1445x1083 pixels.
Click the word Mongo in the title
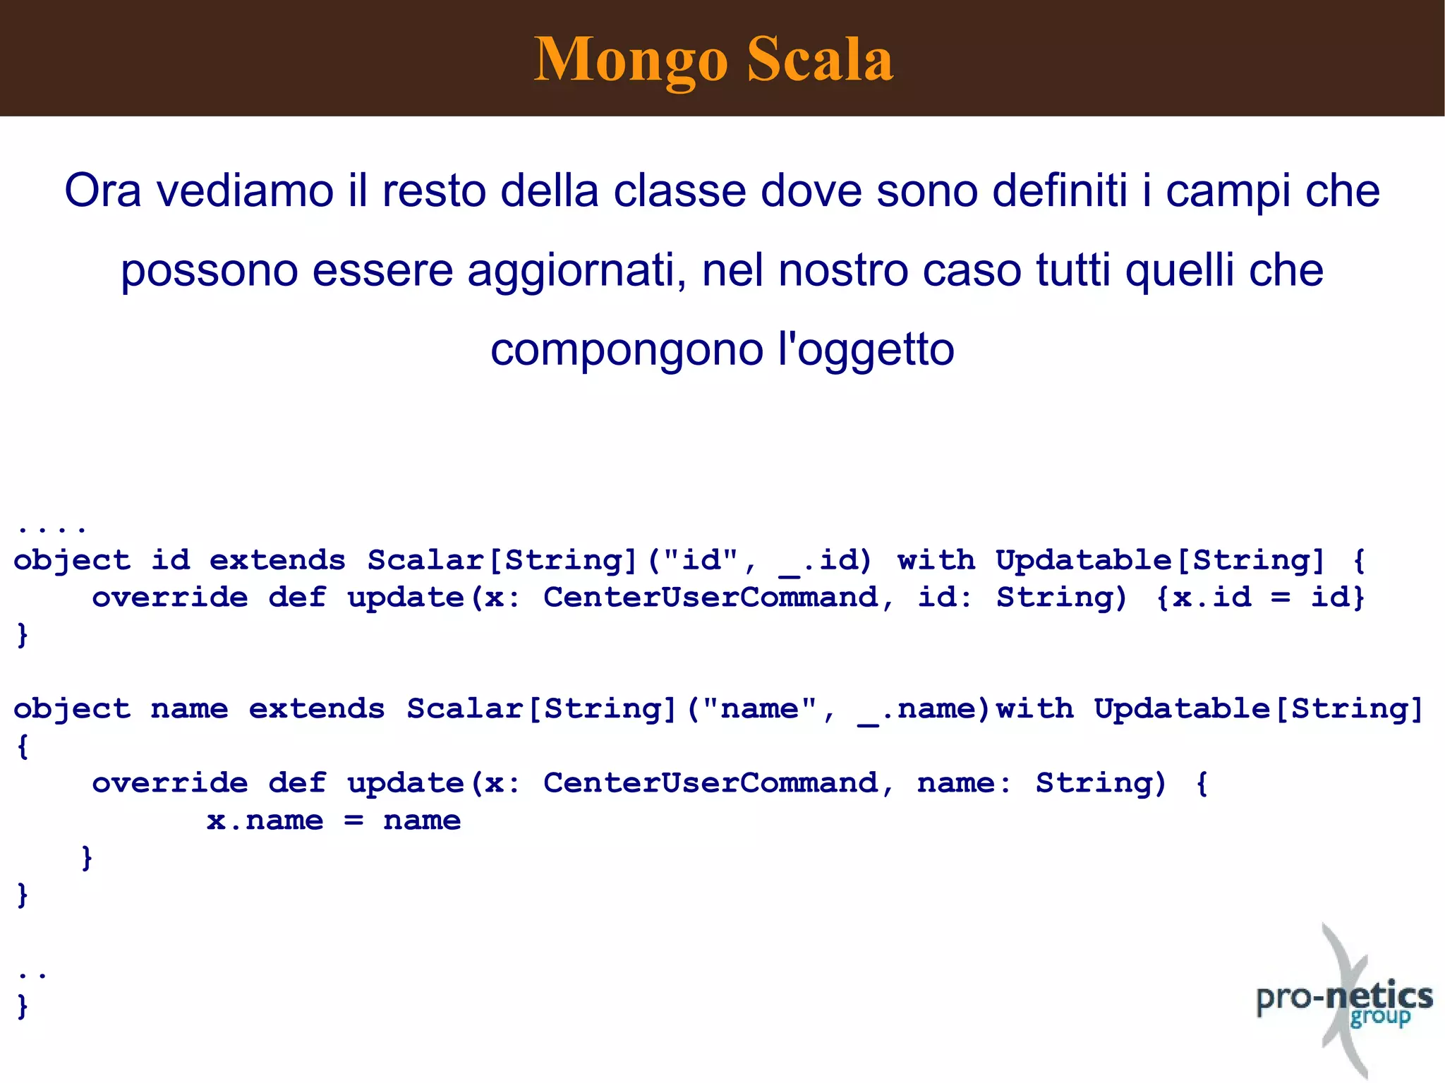click(630, 61)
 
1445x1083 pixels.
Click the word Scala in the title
click(820, 59)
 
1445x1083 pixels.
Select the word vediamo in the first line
click(244, 191)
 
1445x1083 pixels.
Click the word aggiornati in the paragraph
click(576, 270)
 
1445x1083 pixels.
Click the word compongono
click(627, 351)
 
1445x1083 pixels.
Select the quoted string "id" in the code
click(702, 560)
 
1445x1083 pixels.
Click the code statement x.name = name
click(333, 821)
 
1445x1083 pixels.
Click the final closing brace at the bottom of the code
click(23, 1005)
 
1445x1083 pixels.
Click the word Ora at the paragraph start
click(102, 191)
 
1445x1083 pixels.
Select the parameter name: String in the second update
click(1040, 783)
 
